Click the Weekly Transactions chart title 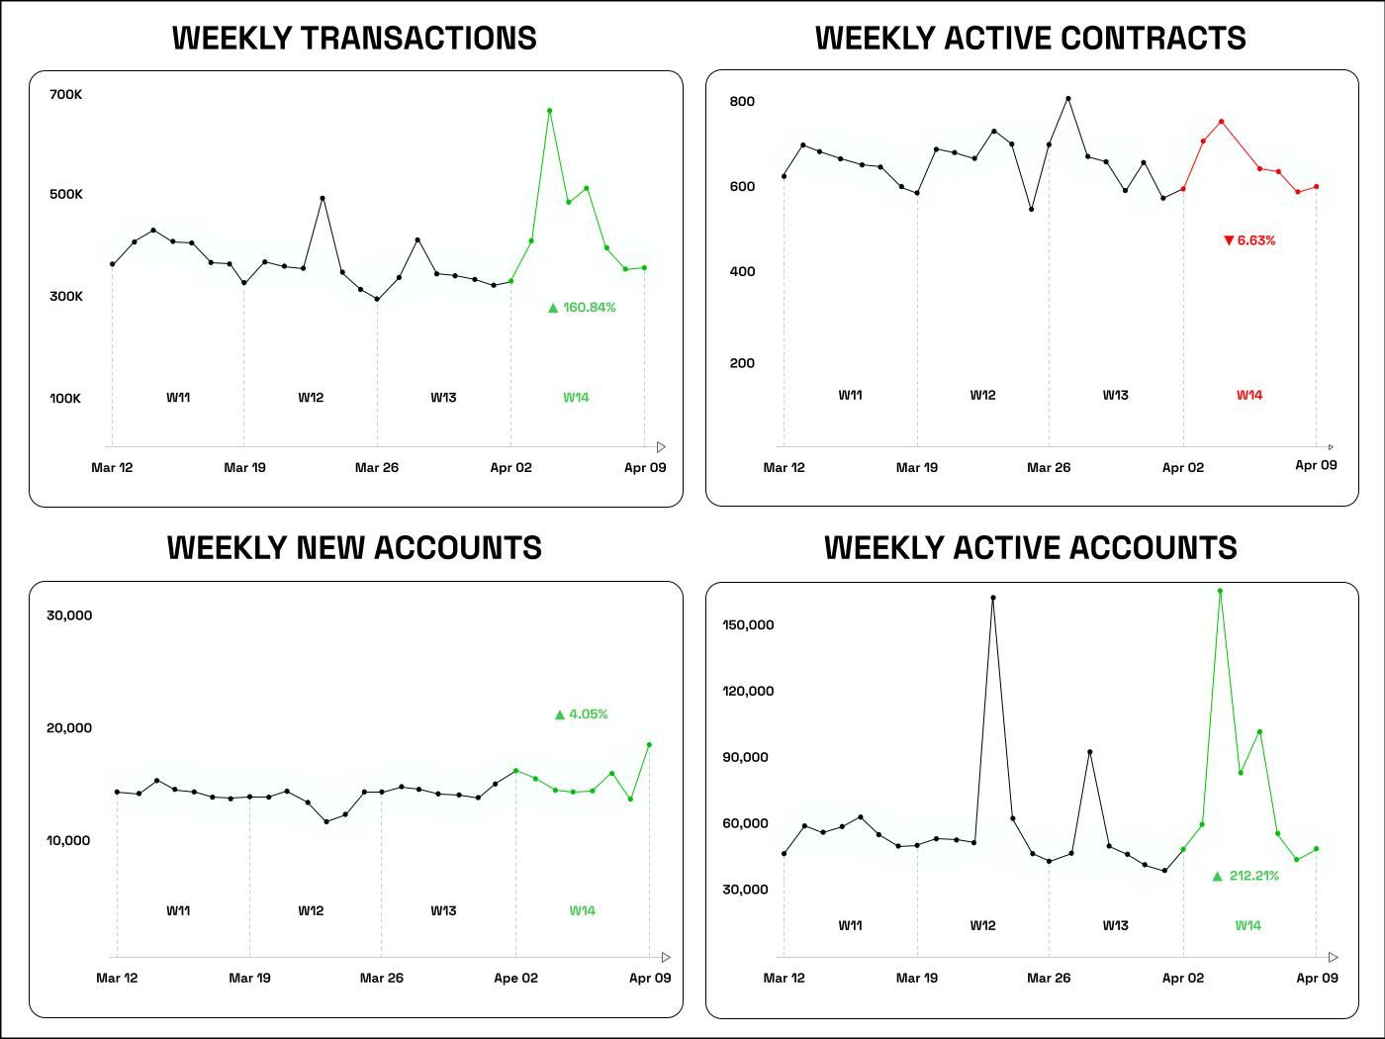354,38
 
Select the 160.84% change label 582,308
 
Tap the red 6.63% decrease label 1249,240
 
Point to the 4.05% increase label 582,714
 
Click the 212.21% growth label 1246,876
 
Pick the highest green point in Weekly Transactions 549,111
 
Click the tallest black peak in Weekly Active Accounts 992,598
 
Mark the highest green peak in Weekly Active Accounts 1220,591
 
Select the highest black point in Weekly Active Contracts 1067,99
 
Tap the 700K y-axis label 66,95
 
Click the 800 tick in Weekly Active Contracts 742,101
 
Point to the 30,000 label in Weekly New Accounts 69,615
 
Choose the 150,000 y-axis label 748,625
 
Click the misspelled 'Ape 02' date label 515,978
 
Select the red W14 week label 1249,395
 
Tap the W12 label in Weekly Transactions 311,398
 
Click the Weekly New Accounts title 354,548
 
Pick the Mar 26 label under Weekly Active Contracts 1049,467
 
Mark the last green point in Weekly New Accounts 649,744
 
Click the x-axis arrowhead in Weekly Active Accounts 1334,957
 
